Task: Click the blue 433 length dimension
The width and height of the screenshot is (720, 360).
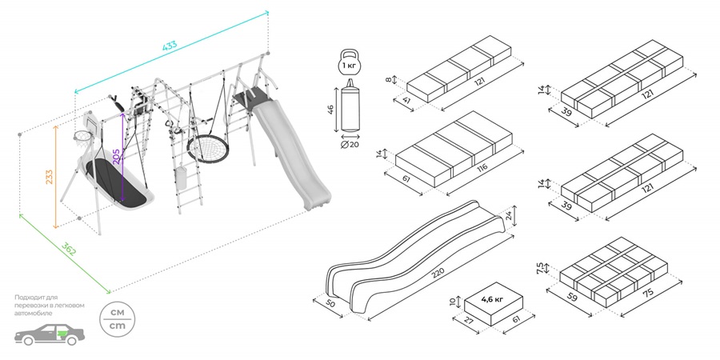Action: [170, 46]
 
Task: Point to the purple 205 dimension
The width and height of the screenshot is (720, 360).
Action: [118, 156]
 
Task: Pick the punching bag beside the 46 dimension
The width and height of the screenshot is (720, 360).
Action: [350, 109]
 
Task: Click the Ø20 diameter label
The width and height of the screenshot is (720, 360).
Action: [349, 145]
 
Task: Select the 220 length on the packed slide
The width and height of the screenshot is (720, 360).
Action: [437, 272]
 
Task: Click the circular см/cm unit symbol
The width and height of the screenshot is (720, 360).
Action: [117, 320]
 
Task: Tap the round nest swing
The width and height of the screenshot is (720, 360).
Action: [206, 150]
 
